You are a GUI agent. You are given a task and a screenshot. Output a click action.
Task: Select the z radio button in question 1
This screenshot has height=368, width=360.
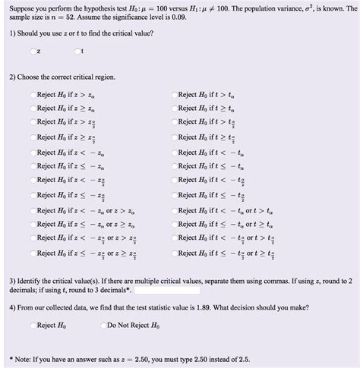click(x=33, y=52)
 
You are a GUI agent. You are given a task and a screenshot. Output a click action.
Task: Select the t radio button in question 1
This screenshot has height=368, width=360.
click(x=77, y=52)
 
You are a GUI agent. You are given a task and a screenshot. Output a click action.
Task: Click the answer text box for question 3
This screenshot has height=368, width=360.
click(x=167, y=289)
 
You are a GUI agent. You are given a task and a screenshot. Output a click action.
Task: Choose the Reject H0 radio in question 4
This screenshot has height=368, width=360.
click(x=33, y=325)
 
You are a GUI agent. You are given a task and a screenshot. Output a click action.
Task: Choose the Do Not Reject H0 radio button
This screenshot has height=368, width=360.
click(x=103, y=325)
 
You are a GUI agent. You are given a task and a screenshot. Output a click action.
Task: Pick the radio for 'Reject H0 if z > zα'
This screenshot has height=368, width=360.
click(x=33, y=95)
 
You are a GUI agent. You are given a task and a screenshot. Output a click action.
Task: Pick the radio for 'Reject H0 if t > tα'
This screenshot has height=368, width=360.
click(x=174, y=95)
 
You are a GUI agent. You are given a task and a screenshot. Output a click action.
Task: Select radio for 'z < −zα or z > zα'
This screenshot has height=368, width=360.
click(x=33, y=210)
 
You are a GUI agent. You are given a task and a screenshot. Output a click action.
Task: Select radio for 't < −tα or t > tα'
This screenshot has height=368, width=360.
click(x=174, y=210)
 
